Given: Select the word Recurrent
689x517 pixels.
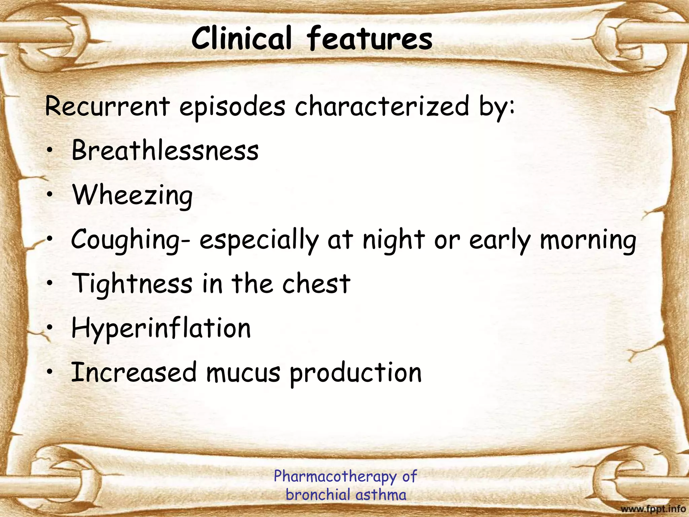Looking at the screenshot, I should point(107,106).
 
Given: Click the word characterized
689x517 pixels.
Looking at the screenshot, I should point(382,106).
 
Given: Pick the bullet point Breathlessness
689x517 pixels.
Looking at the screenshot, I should point(165,150).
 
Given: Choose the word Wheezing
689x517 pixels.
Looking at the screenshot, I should point(133,196).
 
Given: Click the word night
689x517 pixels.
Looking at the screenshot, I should point(394,240).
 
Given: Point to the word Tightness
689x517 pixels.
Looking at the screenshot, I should point(132,284).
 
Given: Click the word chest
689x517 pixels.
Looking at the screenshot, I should point(316,284).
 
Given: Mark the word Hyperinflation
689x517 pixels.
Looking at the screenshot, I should point(161,329).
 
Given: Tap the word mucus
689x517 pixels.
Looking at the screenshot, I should point(243,373).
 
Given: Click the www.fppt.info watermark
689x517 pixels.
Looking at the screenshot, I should point(653,509).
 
